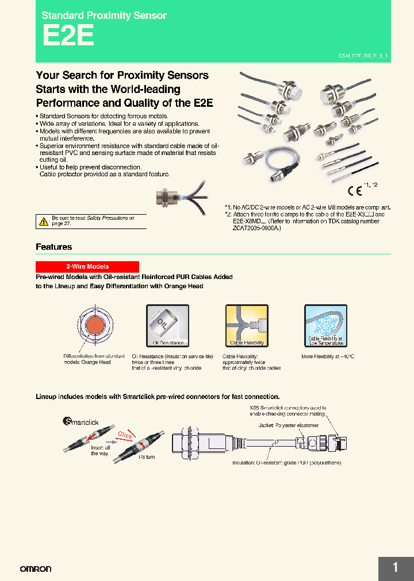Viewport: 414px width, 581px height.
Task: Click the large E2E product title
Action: (x=68, y=37)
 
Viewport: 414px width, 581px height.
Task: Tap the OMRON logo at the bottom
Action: (x=36, y=569)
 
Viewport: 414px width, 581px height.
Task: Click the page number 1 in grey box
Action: (x=396, y=568)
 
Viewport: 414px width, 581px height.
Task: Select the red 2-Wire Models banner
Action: (x=87, y=266)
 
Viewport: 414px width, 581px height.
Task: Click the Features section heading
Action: (x=54, y=247)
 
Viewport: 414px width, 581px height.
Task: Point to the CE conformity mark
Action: (x=354, y=192)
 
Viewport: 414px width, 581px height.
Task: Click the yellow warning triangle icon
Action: (x=44, y=221)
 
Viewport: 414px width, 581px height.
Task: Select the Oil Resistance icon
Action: (x=168, y=325)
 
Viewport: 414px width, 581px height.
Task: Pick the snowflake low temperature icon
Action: (x=325, y=325)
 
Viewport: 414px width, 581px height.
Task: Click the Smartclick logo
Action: (x=81, y=422)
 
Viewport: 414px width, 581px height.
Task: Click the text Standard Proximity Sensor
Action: (x=104, y=16)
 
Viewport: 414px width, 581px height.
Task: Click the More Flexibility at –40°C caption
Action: (x=328, y=357)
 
